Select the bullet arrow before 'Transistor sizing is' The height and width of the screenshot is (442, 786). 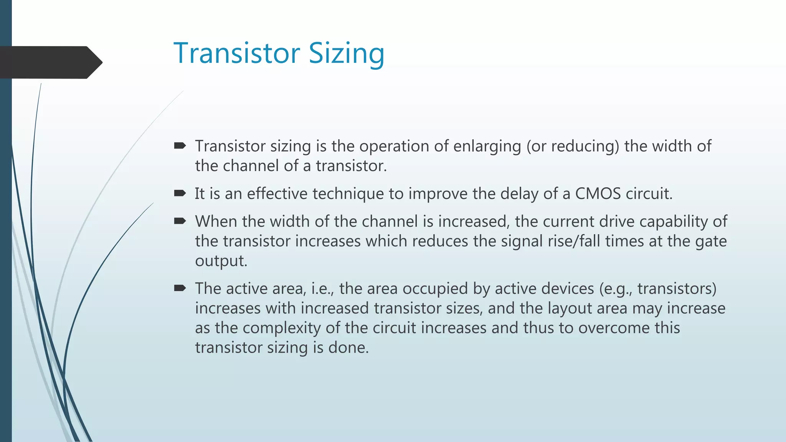180,145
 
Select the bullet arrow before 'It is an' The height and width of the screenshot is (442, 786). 180,193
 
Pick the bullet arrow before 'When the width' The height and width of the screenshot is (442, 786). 180,221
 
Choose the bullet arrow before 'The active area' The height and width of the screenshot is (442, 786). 180,288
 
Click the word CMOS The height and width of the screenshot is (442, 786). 598,193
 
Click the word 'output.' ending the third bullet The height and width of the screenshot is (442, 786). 221,261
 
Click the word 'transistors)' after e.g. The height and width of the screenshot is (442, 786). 677,289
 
